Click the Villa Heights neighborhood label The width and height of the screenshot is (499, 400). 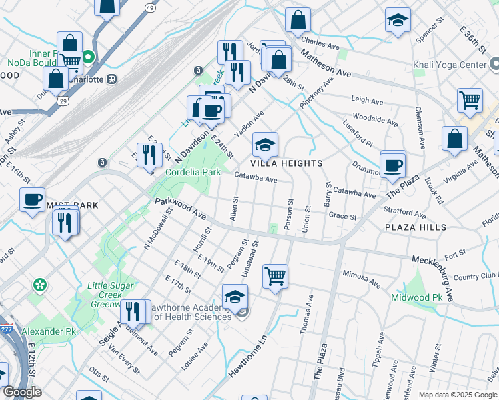pos(286,163)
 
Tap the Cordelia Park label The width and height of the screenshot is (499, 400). pos(193,172)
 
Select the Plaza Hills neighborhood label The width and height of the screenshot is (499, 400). pos(415,227)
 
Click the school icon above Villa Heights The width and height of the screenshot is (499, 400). pos(265,144)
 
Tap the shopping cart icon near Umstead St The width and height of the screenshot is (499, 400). pos(275,275)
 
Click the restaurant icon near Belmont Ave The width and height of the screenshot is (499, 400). pos(133,311)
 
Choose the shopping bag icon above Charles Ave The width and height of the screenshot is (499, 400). pos(298,19)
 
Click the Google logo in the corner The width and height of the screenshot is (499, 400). pos(22,393)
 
